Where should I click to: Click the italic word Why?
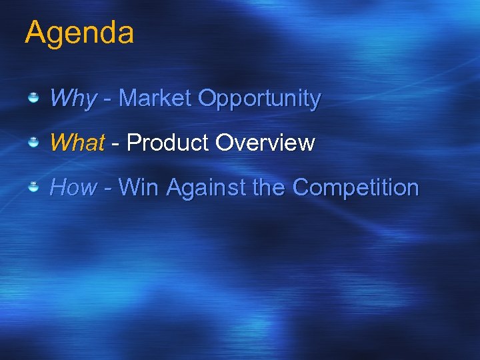(x=73, y=99)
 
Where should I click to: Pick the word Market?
(x=155, y=99)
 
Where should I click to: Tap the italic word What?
(x=77, y=143)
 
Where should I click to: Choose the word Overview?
(x=265, y=143)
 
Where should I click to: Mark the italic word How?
(x=73, y=187)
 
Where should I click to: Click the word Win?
(x=139, y=187)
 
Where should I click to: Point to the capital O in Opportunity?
(x=207, y=99)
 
